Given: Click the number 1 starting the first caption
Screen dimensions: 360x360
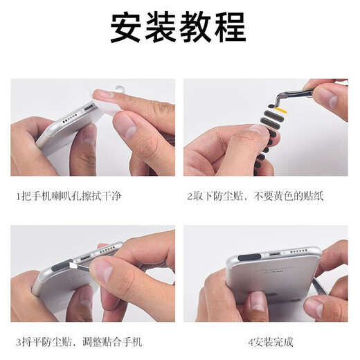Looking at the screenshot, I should point(19,197).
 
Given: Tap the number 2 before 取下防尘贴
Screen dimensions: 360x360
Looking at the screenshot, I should point(190,197).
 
